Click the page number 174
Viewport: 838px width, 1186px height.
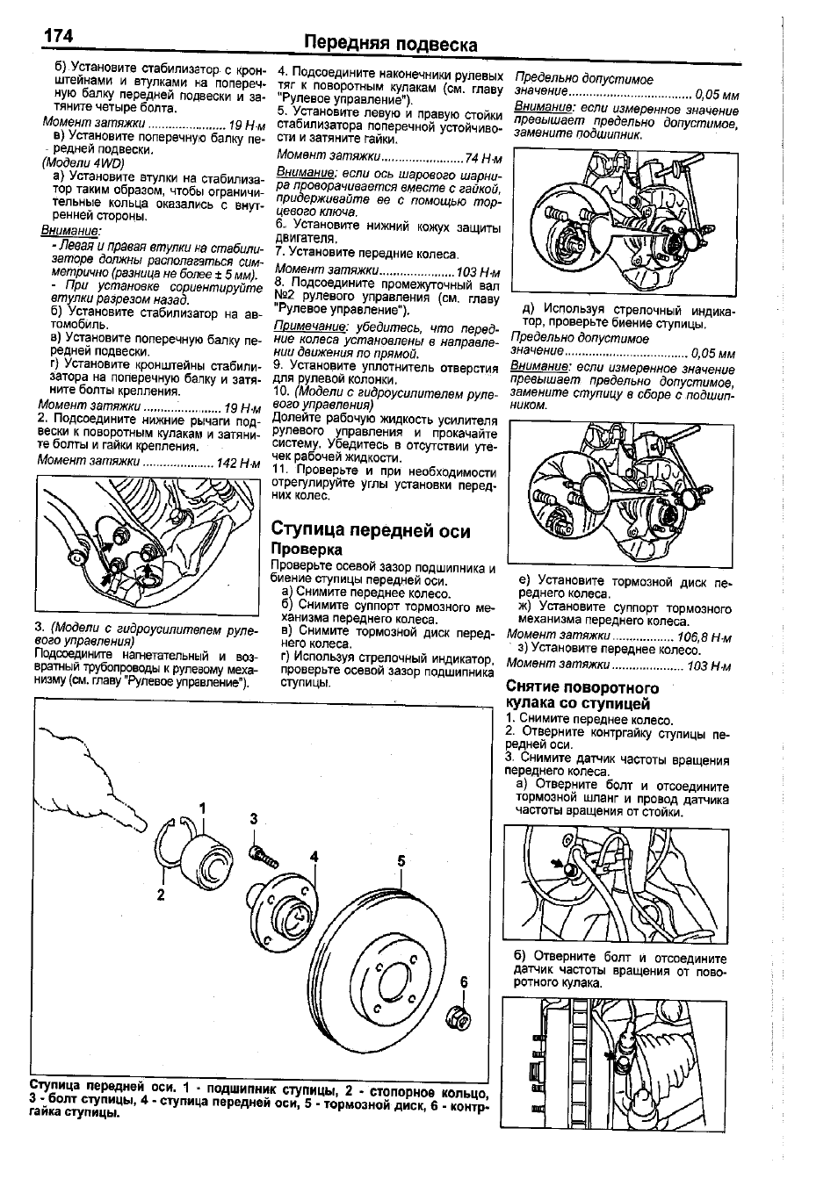(55, 37)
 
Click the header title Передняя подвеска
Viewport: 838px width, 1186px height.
(390, 44)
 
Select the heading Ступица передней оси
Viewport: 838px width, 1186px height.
(371, 530)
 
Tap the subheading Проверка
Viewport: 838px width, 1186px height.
(306, 550)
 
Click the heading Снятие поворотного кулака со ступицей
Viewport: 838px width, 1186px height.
(582, 695)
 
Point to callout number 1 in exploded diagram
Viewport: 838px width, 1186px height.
(202, 807)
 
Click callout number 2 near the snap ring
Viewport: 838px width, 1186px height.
(161, 895)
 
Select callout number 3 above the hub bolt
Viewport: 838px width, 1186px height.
(253, 818)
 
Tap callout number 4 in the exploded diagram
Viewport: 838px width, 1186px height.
(312, 857)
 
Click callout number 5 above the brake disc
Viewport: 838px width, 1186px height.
(401, 861)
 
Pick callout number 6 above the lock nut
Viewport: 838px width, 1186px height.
(465, 982)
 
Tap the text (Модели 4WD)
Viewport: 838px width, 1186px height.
(83, 163)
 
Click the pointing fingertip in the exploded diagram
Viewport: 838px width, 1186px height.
(140, 822)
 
